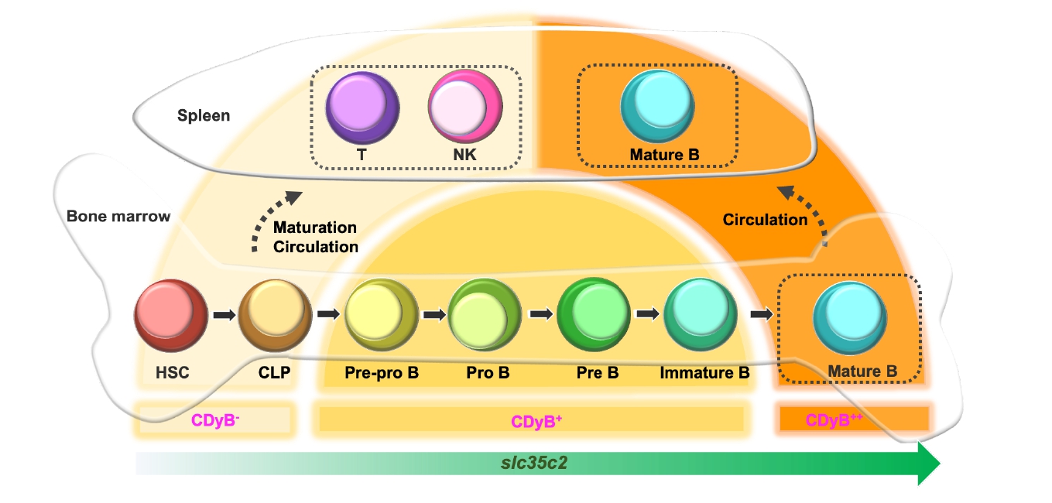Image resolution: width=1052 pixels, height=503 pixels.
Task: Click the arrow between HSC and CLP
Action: coord(223,315)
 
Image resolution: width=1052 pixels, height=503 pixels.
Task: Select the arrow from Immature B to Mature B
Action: coord(762,315)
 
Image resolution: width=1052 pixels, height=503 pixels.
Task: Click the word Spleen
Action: coord(204,116)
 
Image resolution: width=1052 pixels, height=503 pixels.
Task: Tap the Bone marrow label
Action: coord(118,217)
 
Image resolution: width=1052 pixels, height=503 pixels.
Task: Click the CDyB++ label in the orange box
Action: coord(834,421)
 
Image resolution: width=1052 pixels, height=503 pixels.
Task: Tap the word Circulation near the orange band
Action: coord(765,220)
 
